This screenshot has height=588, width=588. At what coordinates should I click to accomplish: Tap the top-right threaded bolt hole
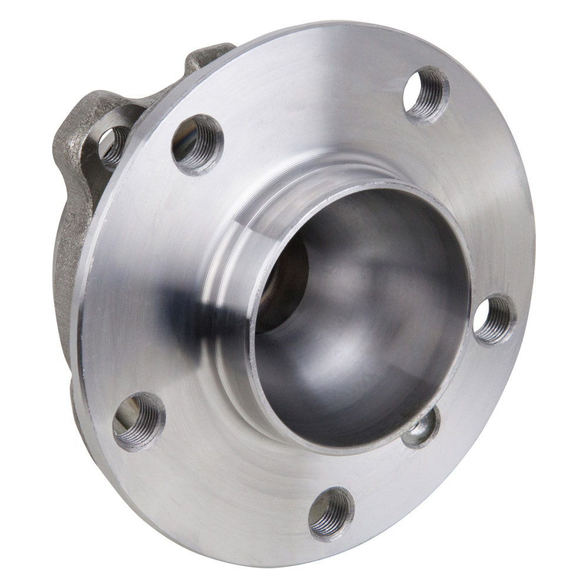427,94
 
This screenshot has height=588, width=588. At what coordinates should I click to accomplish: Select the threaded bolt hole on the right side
495,320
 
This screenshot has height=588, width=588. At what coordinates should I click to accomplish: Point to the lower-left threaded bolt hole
139,421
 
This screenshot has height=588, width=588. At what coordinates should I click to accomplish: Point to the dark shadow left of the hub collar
188,306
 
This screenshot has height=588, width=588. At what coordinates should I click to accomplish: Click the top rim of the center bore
365,187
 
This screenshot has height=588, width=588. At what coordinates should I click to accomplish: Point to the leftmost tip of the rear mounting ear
56,138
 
